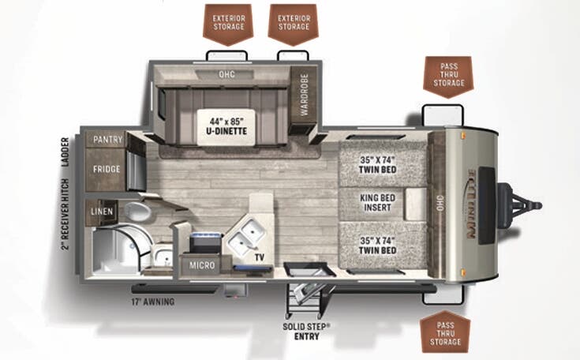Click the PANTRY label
(x=107, y=140)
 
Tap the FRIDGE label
(x=105, y=169)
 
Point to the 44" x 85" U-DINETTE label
(x=226, y=126)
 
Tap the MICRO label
(x=203, y=265)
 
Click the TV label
(x=258, y=257)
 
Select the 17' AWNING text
(x=153, y=301)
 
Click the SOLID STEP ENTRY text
(x=309, y=329)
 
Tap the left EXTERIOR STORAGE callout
(x=228, y=21)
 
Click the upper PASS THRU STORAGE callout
(x=447, y=73)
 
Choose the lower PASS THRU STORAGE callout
(x=446, y=332)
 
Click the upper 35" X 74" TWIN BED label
(x=377, y=165)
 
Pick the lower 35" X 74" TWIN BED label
(x=377, y=246)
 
